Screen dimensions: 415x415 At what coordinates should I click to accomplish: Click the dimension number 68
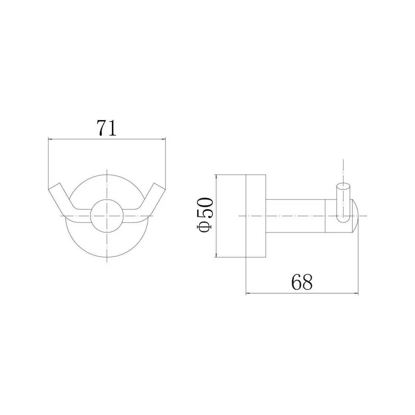tap(302, 282)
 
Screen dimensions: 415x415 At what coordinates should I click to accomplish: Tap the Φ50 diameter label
tap(205, 215)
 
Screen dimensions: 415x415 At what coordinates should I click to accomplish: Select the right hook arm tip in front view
tap(159, 186)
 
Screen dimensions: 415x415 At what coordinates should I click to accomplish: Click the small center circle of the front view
tap(107, 216)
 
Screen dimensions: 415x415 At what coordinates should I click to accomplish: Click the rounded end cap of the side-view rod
tap(356, 216)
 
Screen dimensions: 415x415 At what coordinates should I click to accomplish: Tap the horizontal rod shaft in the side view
tap(295, 216)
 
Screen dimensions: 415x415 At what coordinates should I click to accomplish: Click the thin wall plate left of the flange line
tap(231, 215)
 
